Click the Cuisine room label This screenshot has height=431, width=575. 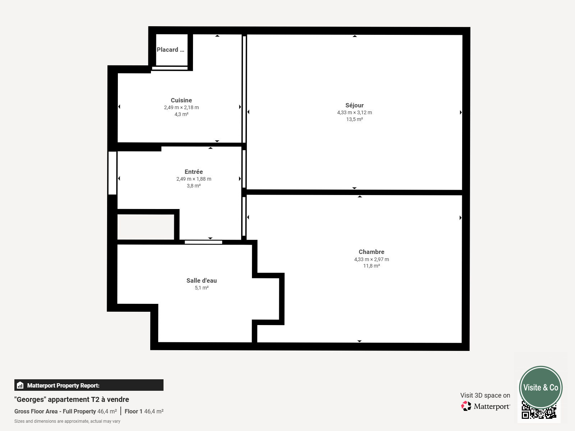click(x=181, y=100)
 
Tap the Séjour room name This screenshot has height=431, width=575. click(x=354, y=106)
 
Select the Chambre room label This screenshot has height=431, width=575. click(x=372, y=252)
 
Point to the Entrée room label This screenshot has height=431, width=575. click(x=194, y=172)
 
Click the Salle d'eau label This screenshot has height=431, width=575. click(x=202, y=281)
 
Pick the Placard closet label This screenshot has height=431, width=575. click(x=170, y=50)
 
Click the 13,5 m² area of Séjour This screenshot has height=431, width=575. click(x=354, y=119)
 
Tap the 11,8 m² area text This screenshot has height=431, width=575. click(x=372, y=266)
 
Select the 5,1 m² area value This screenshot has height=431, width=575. click(x=202, y=288)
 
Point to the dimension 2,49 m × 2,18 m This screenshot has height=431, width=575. click(x=181, y=107)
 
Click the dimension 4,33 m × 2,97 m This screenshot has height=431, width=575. click(x=372, y=259)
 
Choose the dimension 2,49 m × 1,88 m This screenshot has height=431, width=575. click(x=194, y=179)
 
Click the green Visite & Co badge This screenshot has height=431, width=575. click(x=541, y=387)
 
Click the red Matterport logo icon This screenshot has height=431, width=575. click(x=466, y=406)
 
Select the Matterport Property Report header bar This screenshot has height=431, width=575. click(x=89, y=385)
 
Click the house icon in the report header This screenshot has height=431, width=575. click(x=20, y=385)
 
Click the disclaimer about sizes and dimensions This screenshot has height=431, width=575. click(x=67, y=421)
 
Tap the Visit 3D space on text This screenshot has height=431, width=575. click(x=485, y=395)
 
